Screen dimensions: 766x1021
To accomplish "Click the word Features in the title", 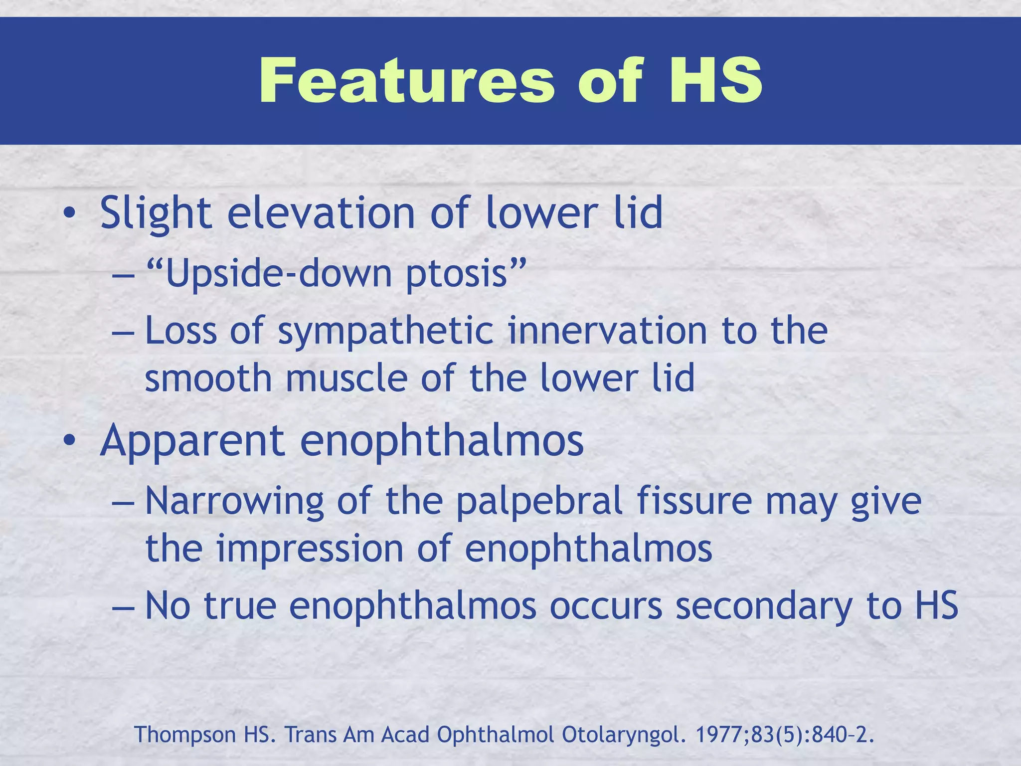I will coord(406,81).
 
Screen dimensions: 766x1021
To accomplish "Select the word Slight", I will coord(156,213).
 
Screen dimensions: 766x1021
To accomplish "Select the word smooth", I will coord(208,378).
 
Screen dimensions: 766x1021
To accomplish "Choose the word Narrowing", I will coord(234,502).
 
